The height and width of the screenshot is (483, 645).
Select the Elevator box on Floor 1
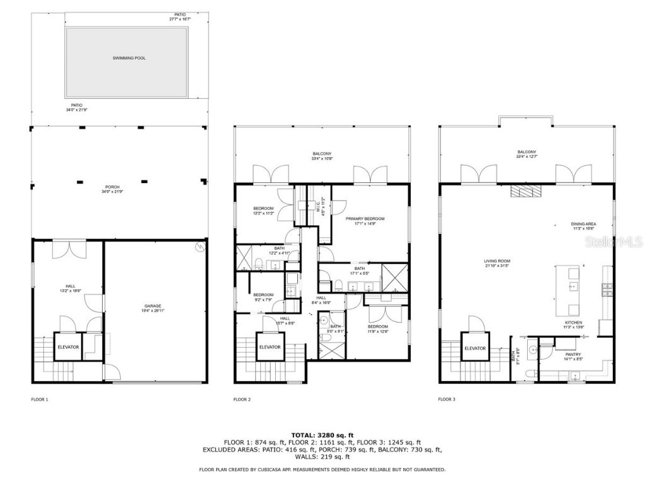coord(68,348)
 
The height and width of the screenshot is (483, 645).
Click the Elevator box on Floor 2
coord(270,348)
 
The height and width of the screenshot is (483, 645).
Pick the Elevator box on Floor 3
coord(475,348)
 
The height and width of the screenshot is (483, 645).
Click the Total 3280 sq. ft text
coord(322,435)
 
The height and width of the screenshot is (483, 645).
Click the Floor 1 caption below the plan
coord(40,399)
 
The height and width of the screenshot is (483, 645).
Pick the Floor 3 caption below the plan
coord(447,399)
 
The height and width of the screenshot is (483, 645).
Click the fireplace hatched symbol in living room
coord(524,191)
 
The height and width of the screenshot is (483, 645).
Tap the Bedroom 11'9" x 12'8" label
coord(378,328)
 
